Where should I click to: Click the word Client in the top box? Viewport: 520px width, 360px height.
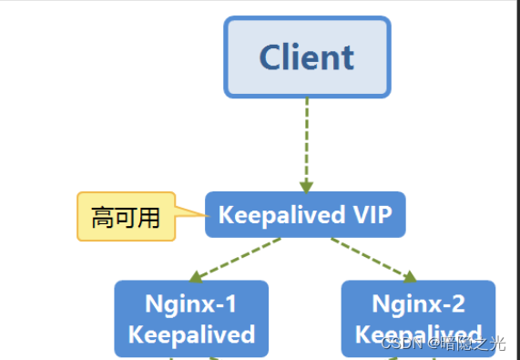pyautogui.click(x=307, y=57)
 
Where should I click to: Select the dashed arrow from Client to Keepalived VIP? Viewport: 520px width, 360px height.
pyautogui.click(x=307, y=137)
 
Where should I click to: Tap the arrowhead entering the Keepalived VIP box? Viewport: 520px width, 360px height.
pyautogui.click(x=307, y=185)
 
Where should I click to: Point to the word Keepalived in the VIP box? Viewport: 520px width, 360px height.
pyautogui.click(x=270, y=215)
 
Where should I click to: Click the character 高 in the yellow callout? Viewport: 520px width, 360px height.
pyautogui.click(x=103, y=218)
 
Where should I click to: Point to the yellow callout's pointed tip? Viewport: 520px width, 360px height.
pyautogui.click(x=203, y=215)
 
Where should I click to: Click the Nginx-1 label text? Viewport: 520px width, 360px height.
pyautogui.click(x=191, y=303)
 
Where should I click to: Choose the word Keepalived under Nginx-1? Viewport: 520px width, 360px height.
pyautogui.click(x=191, y=334)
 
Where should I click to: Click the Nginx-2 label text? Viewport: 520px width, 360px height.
pyautogui.click(x=419, y=303)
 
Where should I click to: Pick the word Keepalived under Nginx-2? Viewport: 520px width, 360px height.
pyautogui.click(x=419, y=334)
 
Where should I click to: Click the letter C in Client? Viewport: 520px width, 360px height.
pyautogui.click(x=272, y=57)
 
